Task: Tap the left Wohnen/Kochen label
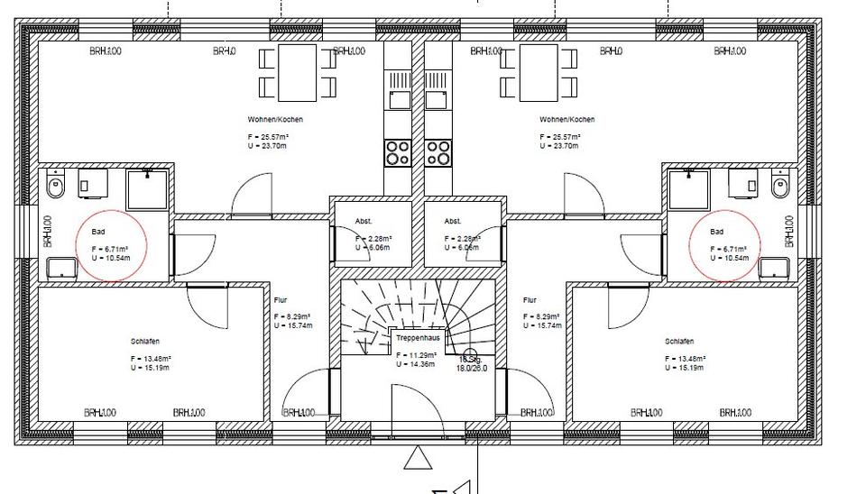(275, 120)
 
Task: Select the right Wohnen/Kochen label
(567, 120)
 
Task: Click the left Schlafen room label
(144, 342)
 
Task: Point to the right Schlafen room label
(678, 342)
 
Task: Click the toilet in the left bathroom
(56, 188)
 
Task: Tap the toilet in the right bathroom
(780, 187)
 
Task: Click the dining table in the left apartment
(298, 72)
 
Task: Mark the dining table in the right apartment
(539, 72)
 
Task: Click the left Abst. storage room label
(364, 221)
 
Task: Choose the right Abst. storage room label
(453, 221)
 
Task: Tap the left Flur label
(280, 300)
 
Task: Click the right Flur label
(530, 300)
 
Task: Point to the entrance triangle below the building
(416, 459)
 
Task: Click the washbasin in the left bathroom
(61, 268)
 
